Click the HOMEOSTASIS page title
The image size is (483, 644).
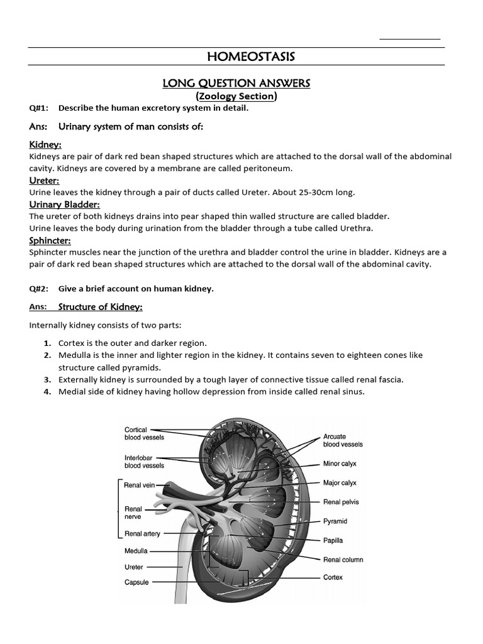[250, 57]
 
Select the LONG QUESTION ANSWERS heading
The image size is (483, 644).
[236, 83]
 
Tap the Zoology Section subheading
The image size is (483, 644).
[236, 96]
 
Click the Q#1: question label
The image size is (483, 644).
[39, 108]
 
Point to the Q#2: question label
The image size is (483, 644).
[39, 289]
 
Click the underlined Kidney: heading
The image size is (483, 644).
[45, 145]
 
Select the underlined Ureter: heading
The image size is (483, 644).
[45, 181]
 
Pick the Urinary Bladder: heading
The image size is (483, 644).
[65, 204]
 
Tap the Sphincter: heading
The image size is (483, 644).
[50, 240]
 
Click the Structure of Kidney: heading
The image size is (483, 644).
[101, 307]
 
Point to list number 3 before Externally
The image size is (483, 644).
[47, 380]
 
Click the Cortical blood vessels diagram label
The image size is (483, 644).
[144, 433]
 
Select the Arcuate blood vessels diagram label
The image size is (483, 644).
[343, 440]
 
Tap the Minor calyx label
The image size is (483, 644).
[340, 464]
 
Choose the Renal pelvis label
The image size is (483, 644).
[340, 502]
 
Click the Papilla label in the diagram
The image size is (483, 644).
[333, 540]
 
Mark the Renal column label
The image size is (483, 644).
[343, 559]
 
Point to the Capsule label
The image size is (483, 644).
[136, 582]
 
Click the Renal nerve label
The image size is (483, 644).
[133, 513]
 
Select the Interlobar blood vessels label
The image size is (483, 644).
[144, 462]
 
